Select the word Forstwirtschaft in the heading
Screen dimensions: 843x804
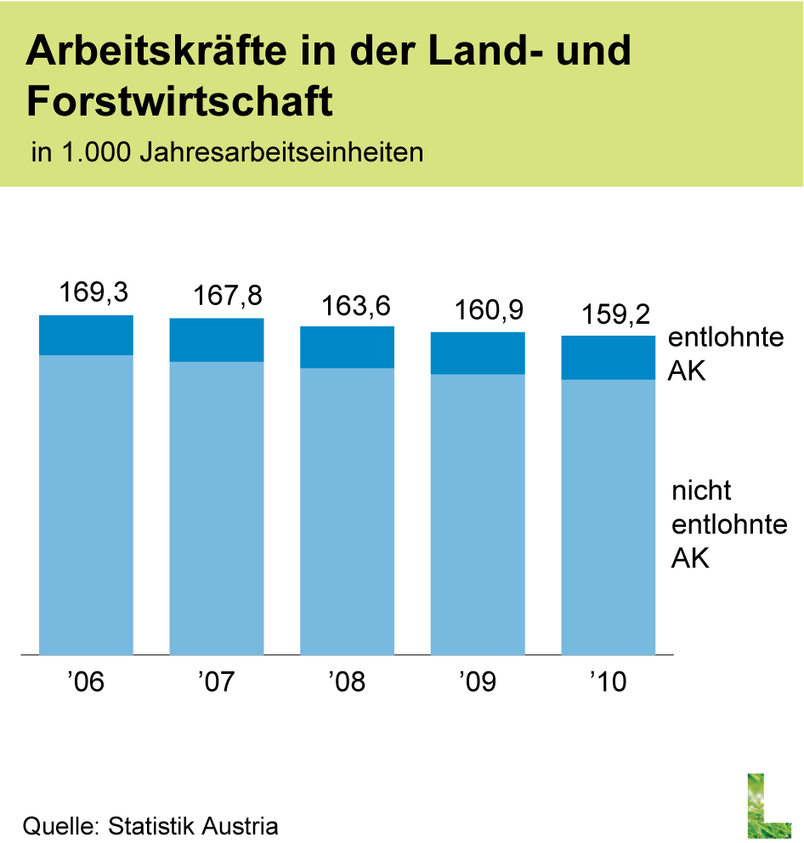[179, 102]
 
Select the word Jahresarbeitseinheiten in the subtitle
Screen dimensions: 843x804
[280, 153]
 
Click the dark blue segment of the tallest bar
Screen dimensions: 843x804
[86, 335]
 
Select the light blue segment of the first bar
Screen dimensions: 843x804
[86, 505]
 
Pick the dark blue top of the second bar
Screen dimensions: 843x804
[217, 340]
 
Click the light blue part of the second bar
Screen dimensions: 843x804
[217, 508]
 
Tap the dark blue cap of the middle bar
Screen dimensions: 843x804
[347, 347]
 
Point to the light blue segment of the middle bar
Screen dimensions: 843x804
[347, 512]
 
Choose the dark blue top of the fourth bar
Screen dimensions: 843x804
[478, 353]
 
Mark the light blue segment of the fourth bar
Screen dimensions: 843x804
[478, 514]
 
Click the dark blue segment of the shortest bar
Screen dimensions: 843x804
[609, 358]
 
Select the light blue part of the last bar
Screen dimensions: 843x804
[609, 517]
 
